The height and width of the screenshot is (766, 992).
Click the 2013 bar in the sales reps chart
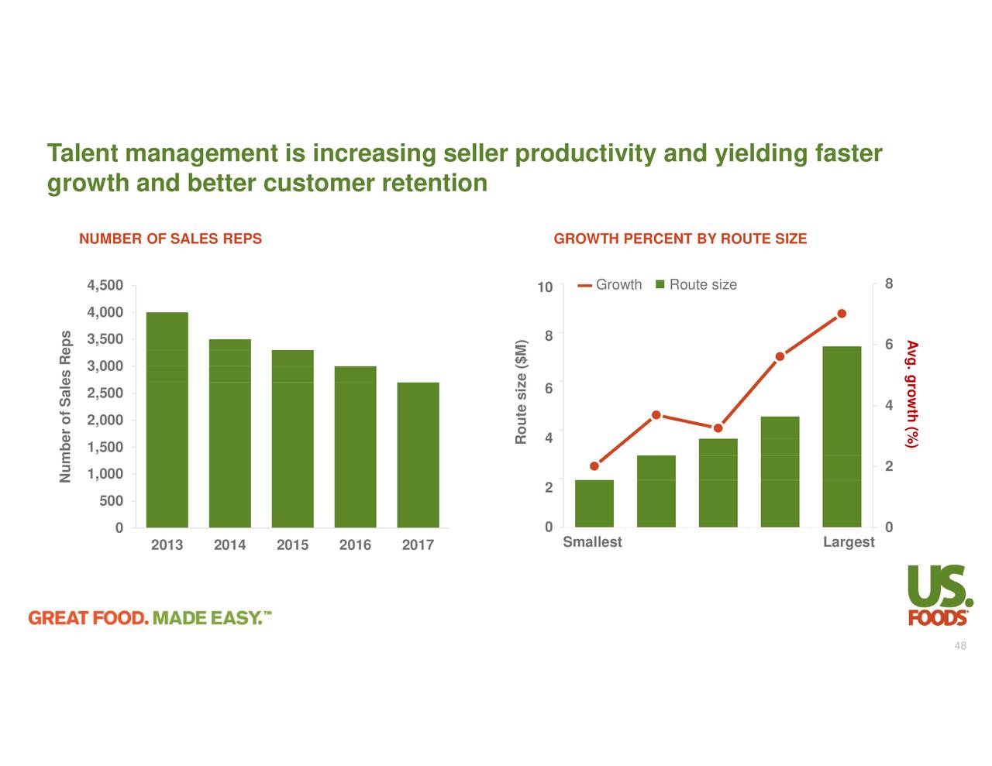pos(167,419)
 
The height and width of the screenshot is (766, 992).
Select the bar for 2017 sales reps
pos(418,455)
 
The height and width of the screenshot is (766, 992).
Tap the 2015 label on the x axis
pos(292,545)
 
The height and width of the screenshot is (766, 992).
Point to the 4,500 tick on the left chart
pos(105,286)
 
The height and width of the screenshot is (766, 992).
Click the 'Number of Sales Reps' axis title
pos(66,406)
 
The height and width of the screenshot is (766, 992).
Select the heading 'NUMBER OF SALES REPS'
pos(170,239)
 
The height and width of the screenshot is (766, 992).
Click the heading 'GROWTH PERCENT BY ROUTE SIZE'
pos(680,239)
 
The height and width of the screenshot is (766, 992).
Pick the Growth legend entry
pos(610,285)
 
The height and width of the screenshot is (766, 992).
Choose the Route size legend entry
pos(695,285)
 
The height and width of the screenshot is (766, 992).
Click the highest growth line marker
pos(842,314)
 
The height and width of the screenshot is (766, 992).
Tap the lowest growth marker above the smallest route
pos(594,466)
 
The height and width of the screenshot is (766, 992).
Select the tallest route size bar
pos(842,436)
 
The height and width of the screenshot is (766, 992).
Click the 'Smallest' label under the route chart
pos(592,542)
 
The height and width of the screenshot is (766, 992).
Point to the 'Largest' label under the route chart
pos(849,542)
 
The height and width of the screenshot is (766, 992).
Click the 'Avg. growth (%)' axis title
pos(912,393)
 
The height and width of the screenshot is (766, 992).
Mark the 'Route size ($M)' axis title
pos(522,392)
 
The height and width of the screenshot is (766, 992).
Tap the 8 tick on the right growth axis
pos(889,284)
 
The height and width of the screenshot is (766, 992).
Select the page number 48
pos(960,646)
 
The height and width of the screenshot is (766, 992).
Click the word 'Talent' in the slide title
pos(83,153)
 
